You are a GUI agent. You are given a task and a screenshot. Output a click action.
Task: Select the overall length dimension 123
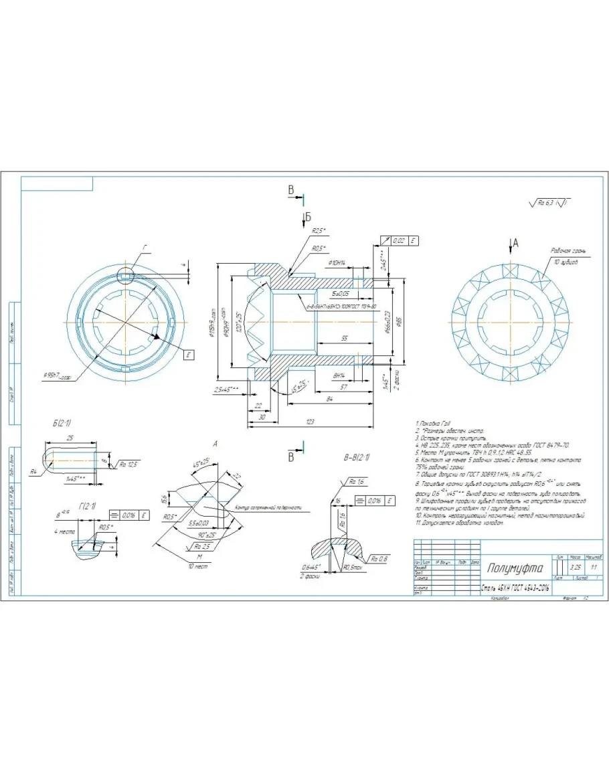point(311,421)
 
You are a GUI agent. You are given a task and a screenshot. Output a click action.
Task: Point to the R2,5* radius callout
point(319,231)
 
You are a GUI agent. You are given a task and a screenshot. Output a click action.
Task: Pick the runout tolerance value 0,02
point(399,240)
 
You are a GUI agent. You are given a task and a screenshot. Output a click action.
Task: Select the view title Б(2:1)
point(62,424)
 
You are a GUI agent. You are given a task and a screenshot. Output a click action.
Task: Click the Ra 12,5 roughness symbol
point(127,463)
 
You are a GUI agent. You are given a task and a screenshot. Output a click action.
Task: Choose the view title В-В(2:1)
point(355,458)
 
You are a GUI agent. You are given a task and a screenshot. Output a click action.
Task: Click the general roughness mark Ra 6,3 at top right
point(550,201)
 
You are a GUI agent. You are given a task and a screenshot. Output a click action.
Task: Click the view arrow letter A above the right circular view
point(515,242)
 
